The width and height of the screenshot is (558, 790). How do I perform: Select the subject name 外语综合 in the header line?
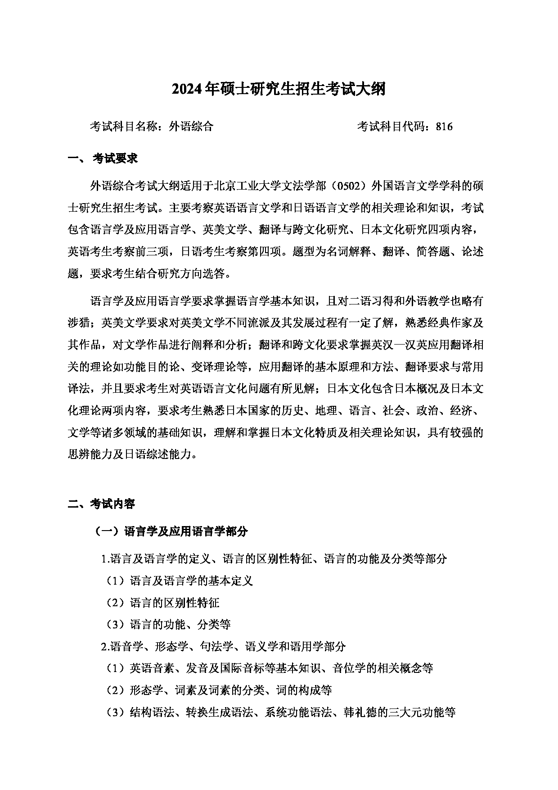[x=191, y=127]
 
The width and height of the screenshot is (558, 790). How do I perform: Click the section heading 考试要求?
[x=115, y=159]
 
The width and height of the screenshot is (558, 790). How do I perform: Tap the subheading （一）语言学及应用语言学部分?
[x=171, y=531]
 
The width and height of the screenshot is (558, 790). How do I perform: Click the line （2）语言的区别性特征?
[x=163, y=603]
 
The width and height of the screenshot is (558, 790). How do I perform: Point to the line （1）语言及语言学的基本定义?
[x=180, y=581]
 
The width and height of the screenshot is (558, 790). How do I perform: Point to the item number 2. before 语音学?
[x=105, y=647]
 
